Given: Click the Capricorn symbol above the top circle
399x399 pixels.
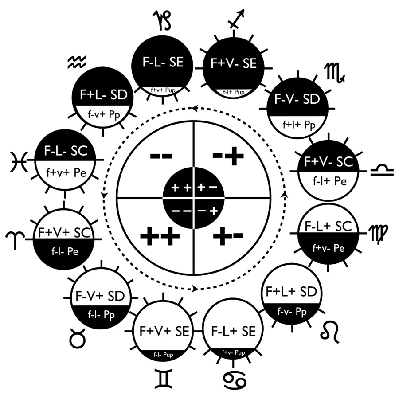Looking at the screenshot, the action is coord(162,20).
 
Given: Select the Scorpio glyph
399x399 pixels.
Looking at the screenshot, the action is coord(335,73).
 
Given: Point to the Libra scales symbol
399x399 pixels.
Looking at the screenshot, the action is coord(382,170).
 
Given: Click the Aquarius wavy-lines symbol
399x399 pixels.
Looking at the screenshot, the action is coord(77,62).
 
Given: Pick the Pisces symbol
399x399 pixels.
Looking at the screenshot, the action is coord(19,161).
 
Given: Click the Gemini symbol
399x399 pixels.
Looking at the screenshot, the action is coord(163,379).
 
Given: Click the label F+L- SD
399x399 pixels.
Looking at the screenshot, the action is coord(104,95).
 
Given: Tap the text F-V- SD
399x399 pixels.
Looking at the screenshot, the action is coord(297,99).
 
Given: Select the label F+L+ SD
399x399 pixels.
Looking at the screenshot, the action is coord(291,291).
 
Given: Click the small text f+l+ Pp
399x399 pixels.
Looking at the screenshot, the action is coord(299,125).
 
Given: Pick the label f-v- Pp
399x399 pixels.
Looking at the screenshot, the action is coord(292,312).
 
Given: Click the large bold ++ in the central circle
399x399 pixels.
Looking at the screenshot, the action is coord(160,236).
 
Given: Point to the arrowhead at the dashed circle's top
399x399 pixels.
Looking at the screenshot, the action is coord(195,108).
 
